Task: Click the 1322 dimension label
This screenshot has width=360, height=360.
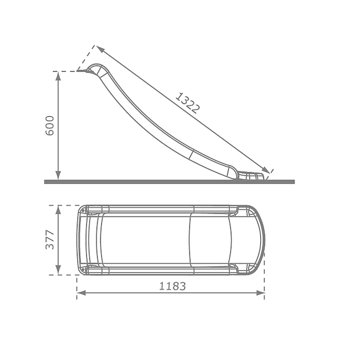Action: click(x=187, y=103)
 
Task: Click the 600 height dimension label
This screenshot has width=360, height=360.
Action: click(x=50, y=125)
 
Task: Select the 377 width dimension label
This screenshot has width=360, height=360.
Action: click(x=50, y=239)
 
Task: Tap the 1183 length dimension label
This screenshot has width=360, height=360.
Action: click(x=172, y=286)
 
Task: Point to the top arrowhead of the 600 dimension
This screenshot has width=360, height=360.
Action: click(x=58, y=75)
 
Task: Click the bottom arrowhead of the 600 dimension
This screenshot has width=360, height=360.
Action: click(x=58, y=176)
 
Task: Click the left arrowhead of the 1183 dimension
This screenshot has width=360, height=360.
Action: click(x=81, y=292)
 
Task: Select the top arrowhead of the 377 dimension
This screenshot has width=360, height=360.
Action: click(x=58, y=209)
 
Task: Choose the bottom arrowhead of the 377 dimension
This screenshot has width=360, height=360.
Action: click(x=58, y=271)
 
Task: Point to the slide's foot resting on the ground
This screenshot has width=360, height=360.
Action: click(x=250, y=176)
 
